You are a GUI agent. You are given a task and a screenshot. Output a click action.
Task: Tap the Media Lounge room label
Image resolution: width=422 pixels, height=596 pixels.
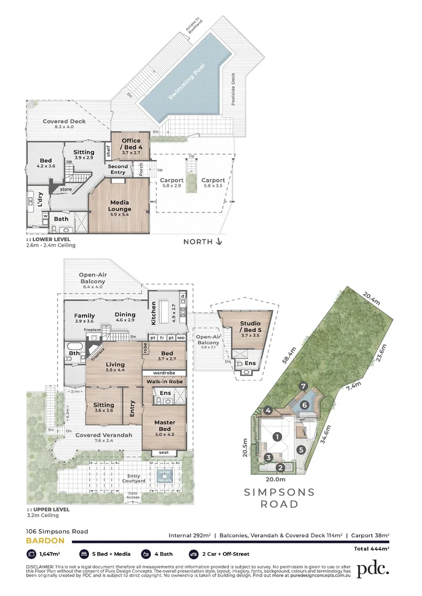(120, 205)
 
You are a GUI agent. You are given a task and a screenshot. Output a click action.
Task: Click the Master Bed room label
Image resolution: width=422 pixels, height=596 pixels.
(165, 426)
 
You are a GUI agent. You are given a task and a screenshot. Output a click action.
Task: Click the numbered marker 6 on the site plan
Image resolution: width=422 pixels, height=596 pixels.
(304, 405)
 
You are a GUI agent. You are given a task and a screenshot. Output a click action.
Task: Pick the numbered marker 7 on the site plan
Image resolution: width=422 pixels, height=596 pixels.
(302, 386)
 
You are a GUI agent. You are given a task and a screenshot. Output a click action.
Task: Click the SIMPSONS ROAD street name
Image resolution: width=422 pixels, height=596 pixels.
(279, 498)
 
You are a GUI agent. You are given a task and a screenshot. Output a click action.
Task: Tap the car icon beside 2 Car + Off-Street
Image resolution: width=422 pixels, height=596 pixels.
(193, 553)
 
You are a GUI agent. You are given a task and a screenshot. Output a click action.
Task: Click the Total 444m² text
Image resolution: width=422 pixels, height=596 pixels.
(371, 549)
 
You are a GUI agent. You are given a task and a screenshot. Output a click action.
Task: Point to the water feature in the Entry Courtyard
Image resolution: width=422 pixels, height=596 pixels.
(164, 475)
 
